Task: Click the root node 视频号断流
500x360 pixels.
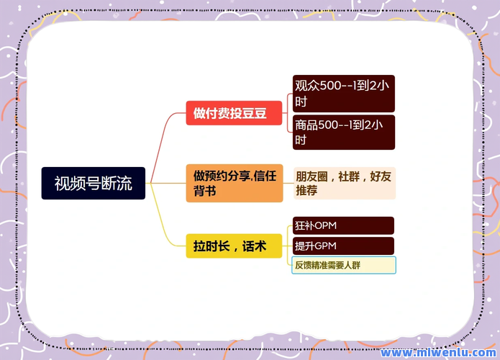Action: [x=93, y=183]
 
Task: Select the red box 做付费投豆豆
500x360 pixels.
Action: [x=234, y=113]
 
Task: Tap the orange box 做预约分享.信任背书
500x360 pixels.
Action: [x=235, y=183]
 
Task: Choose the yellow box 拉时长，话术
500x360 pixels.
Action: [x=234, y=246]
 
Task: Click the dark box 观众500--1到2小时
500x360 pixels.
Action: [x=344, y=94]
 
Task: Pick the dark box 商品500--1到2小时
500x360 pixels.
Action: [x=344, y=132]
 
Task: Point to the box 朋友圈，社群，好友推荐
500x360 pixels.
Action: [x=345, y=183]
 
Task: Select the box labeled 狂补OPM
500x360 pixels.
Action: [x=343, y=225]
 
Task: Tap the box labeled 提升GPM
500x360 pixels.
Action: [x=343, y=246]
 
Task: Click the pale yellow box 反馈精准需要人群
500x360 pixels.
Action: [x=344, y=265]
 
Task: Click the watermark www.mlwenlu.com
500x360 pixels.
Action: [x=438, y=352]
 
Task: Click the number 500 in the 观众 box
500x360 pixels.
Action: [x=330, y=86]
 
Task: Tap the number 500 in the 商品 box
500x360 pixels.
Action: [x=328, y=125]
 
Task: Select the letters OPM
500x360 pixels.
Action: [x=325, y=225]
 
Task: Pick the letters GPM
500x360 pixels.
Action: [x=325, y=246]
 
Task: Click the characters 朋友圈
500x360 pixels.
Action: [x=312, y=176]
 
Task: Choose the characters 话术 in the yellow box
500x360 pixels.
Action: [x=254, y=246]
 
